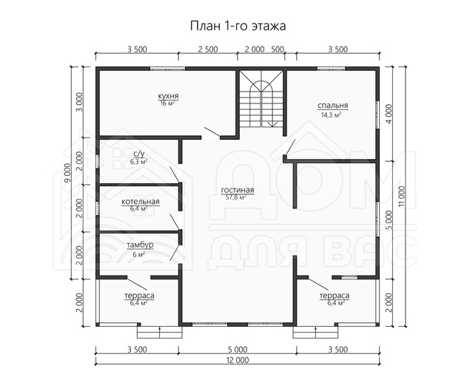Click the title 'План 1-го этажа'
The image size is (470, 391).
pyautogui.click(x=238, y=26)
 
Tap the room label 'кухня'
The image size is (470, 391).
pyautogui.click(x=169, y=96)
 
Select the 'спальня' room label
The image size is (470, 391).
pyautogui.click(x=333, y=106)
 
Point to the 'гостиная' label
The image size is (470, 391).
pyautogui.click(x=238, y=190)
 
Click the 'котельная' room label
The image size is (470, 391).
pyautogui.click(x=141, y=202)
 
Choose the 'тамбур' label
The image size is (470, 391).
pyautogui.click(x=140, y=245)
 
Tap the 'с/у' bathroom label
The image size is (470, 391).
pyautogui.click(x=139, y=154)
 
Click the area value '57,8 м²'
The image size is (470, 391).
pyautogui.click(x=236, y=197)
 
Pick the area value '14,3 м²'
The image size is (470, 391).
pyautogui.click(x=331, y=115)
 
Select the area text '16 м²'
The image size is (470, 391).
pyautogui.click(x=167, y=103)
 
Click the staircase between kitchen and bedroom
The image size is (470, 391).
pyautogui.click(x=262, y=99)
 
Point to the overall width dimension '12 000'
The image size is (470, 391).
pyautogui.click(x=237, y=360)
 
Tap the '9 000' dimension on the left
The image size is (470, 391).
pyautogui.click(x=67, y=173)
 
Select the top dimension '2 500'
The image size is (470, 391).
pyautogui.click(x=208, y=49)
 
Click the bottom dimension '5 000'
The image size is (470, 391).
pyautogui.click(x=237, y=350)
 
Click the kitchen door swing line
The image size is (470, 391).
pyautogui.click(x=212, y=132)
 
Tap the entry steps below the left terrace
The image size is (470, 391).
pyautogui.click(x=159, y=332)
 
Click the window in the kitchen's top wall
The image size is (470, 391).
pyautogui.click(x=167, y=69)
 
